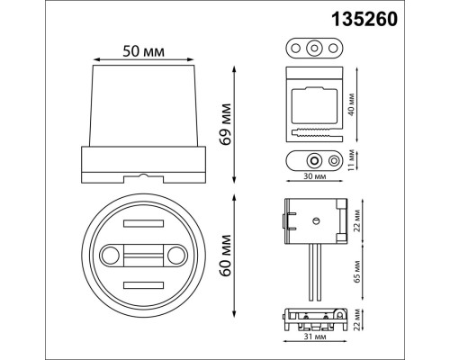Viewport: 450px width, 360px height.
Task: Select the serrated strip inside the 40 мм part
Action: pyautogui.click(x=314, y=131)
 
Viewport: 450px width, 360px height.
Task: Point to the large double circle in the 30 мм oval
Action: pyautogui.click(x=313, y=161)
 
